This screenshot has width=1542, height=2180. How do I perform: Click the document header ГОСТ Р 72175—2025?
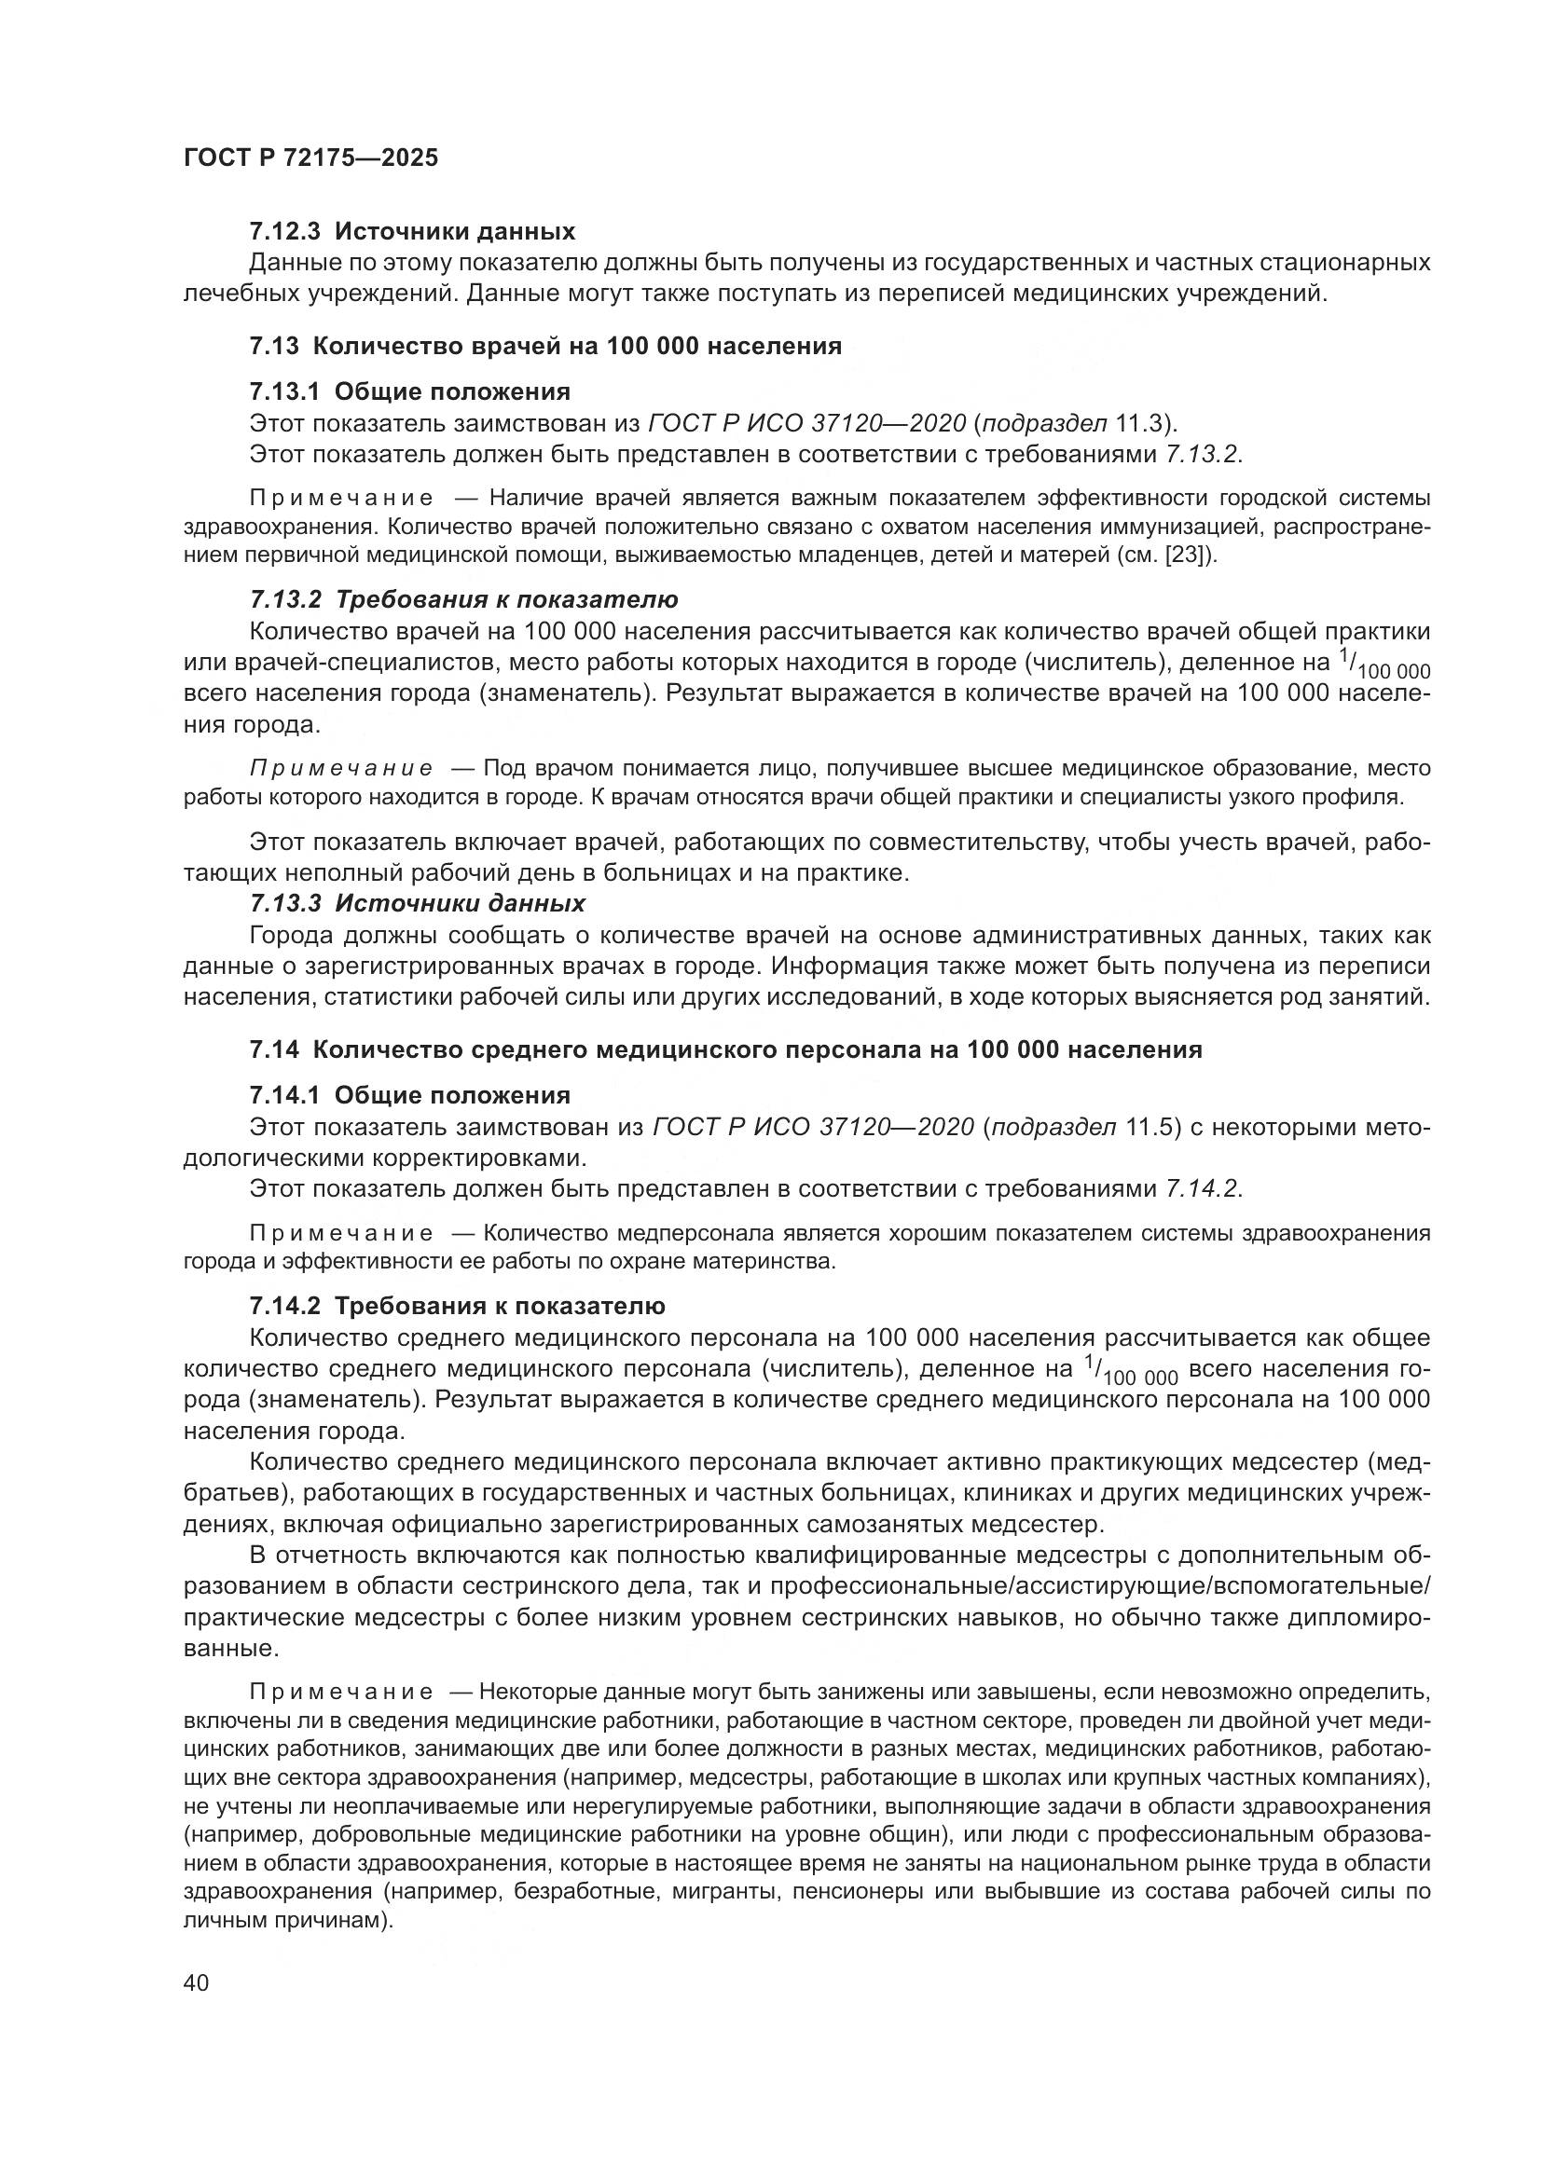click(x=310, y=158)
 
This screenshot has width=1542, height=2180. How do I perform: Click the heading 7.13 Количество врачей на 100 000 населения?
click(x=545, y=346)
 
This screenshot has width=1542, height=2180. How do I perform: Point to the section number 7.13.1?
click(x=285, y=391)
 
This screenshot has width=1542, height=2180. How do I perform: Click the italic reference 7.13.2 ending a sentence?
click(x=1200, y=454)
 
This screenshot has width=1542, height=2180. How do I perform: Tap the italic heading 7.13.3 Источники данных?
click(x=417, y=902)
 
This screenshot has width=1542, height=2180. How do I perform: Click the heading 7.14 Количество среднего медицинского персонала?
click(x=725, y=1049)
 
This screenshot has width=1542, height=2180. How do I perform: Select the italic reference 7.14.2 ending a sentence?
click(x=1201, y=1188)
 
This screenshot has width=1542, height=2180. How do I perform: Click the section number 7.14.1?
click(x=285, y=1096)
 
